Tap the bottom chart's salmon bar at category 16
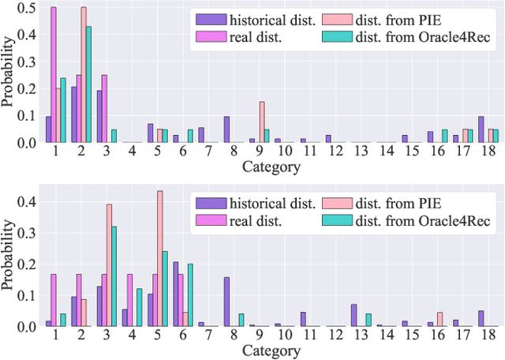(x=440, y=319)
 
